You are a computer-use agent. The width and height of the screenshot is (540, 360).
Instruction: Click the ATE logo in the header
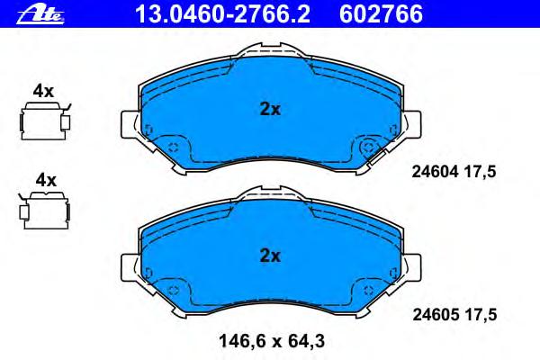(x=40, y=15)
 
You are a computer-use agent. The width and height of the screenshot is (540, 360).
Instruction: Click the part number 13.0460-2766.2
(x=223, y=14)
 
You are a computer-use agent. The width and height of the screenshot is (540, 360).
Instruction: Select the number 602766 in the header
(x=381, y=14)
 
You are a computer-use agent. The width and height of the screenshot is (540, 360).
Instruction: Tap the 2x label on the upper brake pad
(x=270, y=110)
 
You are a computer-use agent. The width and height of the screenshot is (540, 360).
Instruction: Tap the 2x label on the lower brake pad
(x=270, y=256)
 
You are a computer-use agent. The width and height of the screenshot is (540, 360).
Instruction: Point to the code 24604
(x=436, y=171)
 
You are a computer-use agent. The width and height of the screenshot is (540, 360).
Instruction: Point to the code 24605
(x=436, y=314)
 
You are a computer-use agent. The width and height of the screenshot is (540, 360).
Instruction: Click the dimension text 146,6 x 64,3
(x=272, y=341)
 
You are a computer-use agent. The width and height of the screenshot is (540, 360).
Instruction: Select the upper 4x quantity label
(x=43, y=91)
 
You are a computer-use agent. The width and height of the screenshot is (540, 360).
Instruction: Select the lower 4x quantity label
(x=46, y=180)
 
